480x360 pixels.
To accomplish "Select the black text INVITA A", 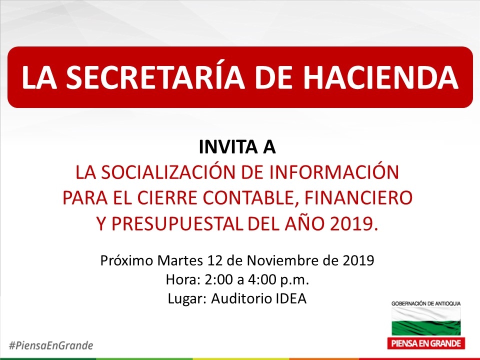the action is tap(237, 147).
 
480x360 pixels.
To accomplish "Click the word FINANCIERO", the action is tap(358, 198).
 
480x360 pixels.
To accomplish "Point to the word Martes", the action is tap(180, 260).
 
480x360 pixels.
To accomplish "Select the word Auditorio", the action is tap(241, 298).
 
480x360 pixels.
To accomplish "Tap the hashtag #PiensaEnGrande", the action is tap(51, 345).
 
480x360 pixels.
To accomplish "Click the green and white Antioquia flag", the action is tap(426, 321).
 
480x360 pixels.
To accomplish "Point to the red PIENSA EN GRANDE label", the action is tap(426, 343).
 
